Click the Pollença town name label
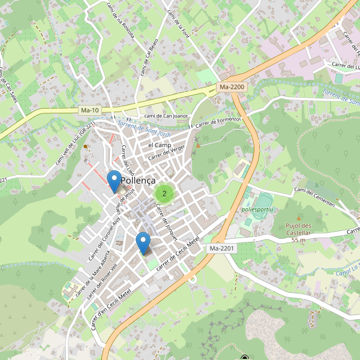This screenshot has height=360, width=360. tap(139, 181)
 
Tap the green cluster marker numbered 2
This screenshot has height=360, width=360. tap(164, 193)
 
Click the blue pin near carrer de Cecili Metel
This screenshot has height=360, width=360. tap(143, 243)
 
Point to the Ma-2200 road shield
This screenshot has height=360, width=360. tap(232, 87)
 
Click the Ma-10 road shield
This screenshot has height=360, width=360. tap(89, 110)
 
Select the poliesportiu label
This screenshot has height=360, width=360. tap(257, 209)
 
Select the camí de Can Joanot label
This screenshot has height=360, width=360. tap(167, 116)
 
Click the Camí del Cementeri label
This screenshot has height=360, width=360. tap(322, 199)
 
